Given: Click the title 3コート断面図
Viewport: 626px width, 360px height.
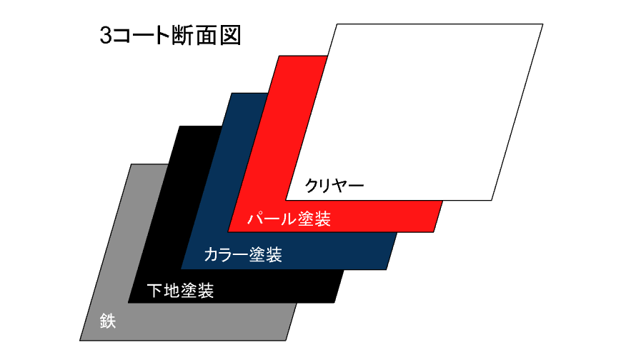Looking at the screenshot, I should point(169,36).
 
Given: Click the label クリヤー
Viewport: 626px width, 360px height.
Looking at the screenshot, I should point(334,186).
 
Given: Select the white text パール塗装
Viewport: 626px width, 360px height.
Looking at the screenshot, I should point(289,219).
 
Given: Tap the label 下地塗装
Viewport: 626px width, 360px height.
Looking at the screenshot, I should point(179,291).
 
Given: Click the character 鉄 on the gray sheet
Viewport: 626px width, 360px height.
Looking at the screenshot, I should point(108,321).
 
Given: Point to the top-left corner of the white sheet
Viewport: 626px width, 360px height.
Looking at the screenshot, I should point(337,25).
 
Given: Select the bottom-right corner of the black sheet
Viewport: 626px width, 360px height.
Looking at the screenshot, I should point(334,303).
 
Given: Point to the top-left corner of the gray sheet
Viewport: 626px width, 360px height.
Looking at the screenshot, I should point(131,164).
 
